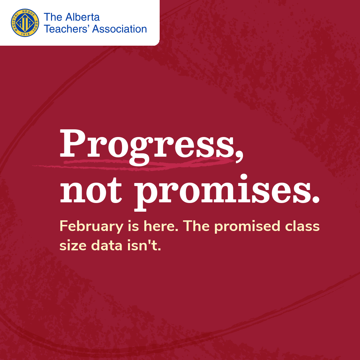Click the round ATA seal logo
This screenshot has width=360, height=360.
point(25,23)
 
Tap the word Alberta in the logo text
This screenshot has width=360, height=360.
point(82,17)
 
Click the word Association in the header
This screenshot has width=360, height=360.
point(119,29)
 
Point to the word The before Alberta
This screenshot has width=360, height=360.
point(53,17)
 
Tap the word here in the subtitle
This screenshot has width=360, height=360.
point(161,226)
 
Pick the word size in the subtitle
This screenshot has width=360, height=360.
point(73,246)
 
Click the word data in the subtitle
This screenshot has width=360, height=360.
point(107,245)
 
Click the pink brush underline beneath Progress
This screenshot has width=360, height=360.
point(133,163)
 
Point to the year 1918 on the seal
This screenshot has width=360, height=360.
point(25,34)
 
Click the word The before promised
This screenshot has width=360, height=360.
point(196,226)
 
